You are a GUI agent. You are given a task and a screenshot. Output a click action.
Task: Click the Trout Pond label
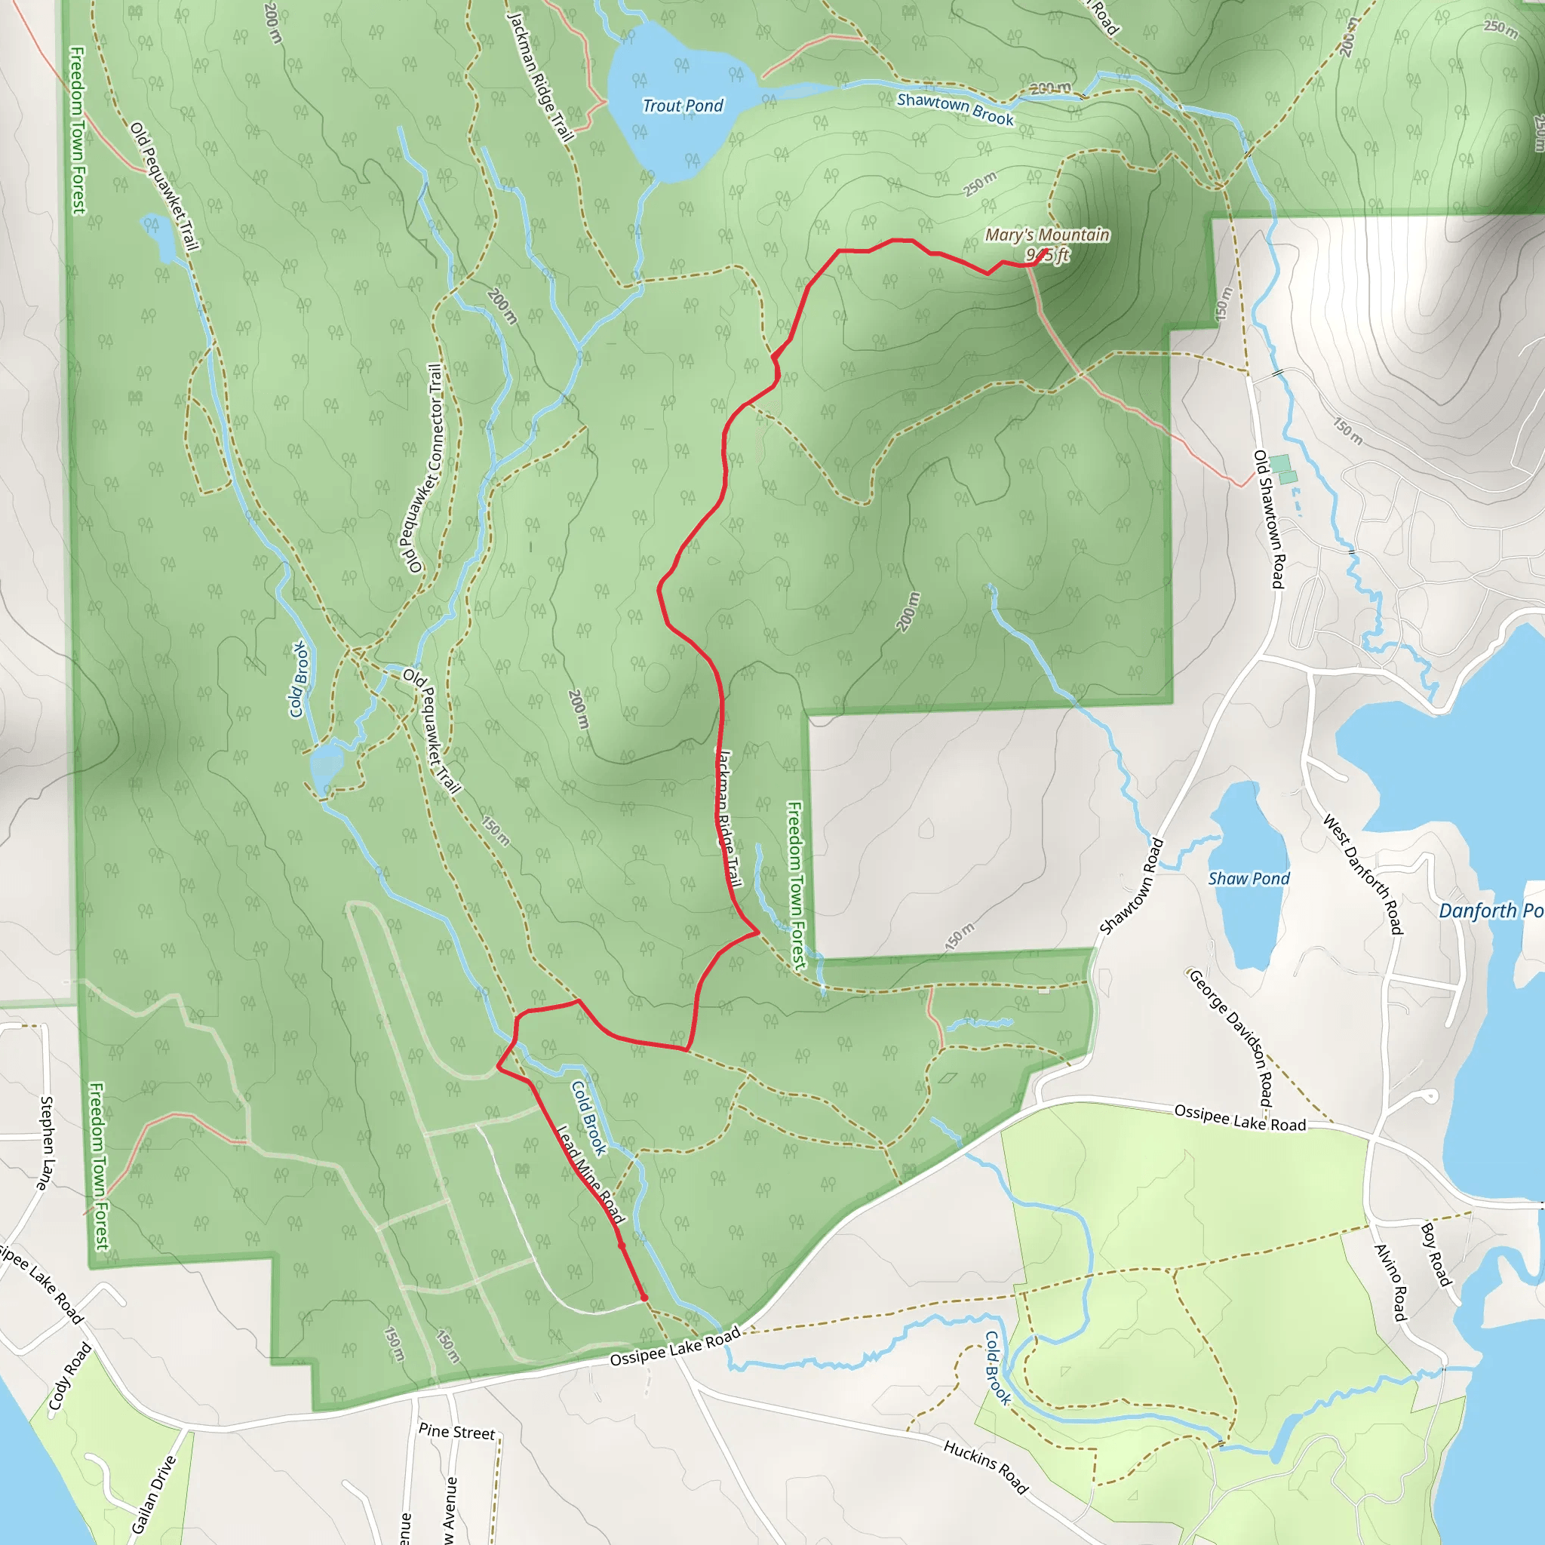682,106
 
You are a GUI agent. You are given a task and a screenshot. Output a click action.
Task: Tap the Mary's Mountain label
1046,235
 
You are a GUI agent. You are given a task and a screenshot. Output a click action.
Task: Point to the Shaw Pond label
1249,879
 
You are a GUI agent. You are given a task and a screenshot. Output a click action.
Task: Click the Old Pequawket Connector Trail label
424,468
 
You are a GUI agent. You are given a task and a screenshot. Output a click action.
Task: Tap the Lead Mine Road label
590,1175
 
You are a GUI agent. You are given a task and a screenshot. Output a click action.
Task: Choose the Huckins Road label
986,1467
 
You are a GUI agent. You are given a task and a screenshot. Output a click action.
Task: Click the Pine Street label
456,1431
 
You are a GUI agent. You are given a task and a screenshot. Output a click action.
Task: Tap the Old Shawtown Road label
1269,519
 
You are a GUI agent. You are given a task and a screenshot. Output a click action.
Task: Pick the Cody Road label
69,1376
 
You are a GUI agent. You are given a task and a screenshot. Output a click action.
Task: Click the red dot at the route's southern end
643,1298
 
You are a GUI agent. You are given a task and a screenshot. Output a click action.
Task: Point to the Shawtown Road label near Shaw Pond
1131,887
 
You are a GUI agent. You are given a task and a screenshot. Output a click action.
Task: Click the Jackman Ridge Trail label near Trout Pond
542,77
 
